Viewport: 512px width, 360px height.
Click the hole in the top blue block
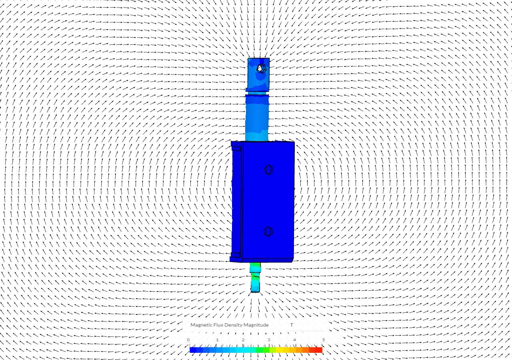[261, 68]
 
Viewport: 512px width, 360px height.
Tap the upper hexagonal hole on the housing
[269, 170]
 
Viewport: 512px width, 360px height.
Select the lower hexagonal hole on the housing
[268, 232]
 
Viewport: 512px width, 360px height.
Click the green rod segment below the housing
[255, 268]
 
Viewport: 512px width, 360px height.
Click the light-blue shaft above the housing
[257, 118]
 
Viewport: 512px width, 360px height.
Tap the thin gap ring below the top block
[257, 93]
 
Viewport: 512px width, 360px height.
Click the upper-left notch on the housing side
[236, 149]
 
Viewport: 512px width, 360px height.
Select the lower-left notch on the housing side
[236, 255]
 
